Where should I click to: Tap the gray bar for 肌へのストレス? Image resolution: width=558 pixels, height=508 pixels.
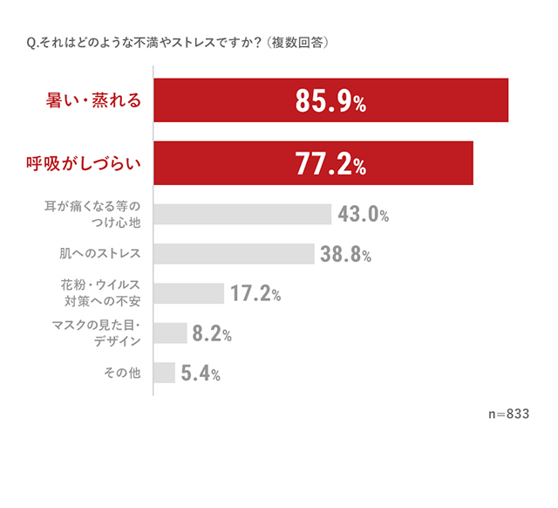pos(234,254)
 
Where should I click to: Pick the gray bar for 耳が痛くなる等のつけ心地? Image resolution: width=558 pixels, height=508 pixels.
pos(242,215)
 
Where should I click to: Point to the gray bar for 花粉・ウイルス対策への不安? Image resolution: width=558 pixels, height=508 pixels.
pos(189,293)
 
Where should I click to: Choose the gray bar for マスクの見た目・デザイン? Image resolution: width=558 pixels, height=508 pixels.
pos(170,333)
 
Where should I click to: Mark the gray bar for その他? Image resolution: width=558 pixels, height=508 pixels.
pos(164,374)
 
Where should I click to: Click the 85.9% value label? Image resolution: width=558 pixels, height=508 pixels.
pos(330,102)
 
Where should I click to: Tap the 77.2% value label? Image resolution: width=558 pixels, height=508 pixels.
pos(330,164)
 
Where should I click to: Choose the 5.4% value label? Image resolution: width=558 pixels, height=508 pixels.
pos(200,374)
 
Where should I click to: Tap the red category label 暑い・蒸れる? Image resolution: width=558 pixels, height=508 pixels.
pos(93,101)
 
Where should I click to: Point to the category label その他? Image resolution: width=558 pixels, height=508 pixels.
pos(121,374)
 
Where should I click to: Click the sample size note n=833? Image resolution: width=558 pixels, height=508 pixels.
pos(508,414)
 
